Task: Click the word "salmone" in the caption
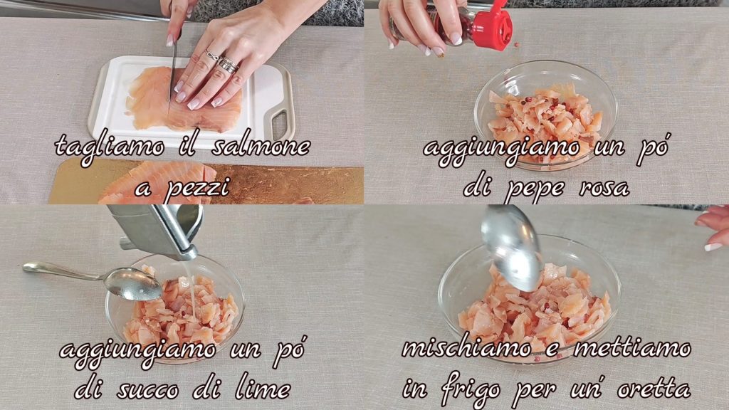(x=261, y=145)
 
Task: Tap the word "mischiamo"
(x=467, y=348)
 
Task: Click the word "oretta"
(x=654, y=389)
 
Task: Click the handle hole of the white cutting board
(x=279, y=124)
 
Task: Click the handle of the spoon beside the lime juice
(x=65, y=271)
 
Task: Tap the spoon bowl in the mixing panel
(x=510, y=247)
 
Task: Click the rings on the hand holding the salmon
(x=222, y=62)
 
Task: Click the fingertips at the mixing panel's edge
(x=713, y=227)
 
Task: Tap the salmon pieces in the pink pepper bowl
(x=545, y=122)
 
